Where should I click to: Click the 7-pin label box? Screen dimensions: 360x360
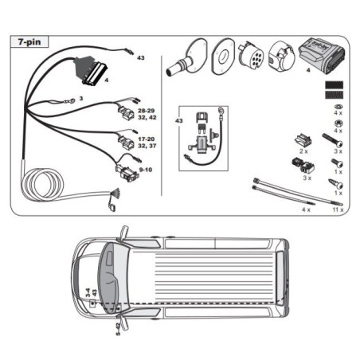[x=29, y=42]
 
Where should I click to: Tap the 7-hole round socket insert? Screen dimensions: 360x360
[x=251, y=57]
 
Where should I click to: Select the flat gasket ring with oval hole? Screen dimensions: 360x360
[x=223, y=57]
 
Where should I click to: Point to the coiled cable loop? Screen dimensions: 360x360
[x=42, y=185]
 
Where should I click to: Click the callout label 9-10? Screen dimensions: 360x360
[x=146, y=170]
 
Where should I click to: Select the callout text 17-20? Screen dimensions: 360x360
[x=147, y=139]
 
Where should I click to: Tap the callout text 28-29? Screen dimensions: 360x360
[x=147, y=111]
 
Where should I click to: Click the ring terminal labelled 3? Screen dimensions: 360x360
[x=71, y=100]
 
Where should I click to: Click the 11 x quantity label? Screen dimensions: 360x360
[x=338, y=209]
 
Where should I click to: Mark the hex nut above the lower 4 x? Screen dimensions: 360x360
[x=338, y=123]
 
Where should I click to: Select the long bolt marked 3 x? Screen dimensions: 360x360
[x=332, y=140]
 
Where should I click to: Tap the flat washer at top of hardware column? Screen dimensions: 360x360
[x=338, y=107]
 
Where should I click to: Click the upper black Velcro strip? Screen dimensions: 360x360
[x=335, y=85]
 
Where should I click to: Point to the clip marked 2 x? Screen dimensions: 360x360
[x=303, y=141]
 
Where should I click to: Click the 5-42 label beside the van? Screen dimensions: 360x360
[x=118, y=329]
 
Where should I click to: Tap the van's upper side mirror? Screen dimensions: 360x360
[x=124, y=232]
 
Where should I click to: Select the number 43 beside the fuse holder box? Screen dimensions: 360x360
[x=179, y=121]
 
